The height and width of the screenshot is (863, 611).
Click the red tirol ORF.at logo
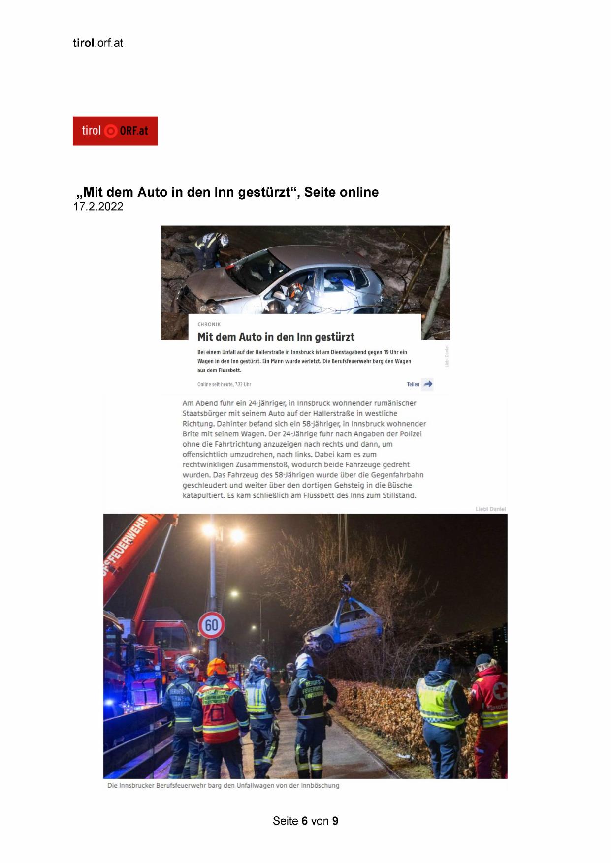115,131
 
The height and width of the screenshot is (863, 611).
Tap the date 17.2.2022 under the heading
98,207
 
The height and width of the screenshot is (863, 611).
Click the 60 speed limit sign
212,625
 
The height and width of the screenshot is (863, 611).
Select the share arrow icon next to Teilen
428,384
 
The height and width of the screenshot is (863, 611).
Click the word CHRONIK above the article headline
209,324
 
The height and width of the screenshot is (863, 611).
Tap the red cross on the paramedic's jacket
501,691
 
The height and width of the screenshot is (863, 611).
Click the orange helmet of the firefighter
217,667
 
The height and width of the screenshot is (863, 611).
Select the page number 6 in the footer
305,821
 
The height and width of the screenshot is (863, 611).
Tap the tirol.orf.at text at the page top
98,43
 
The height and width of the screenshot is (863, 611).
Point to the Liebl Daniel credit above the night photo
490,509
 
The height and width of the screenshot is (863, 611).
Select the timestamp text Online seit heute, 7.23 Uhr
224,384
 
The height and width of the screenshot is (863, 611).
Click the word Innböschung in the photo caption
320,785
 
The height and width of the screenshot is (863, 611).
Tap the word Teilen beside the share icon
413,384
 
